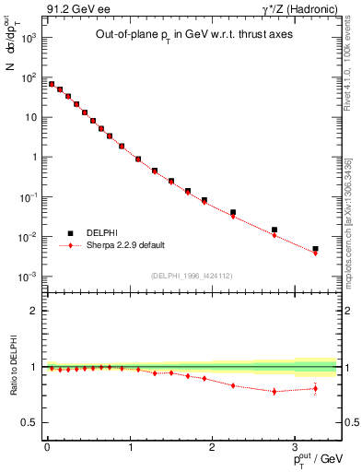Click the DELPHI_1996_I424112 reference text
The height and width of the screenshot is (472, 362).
pyautogui.click(x=191, y=274)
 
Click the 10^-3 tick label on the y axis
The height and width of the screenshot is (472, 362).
pyautogui.click(x=28, y=277)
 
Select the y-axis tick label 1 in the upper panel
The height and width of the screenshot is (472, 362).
pyautogui.click(x=33, y=157)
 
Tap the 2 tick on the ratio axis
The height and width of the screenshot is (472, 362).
pyautogui.click(x=34, y=311)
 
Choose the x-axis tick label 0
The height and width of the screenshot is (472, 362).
pyautogui.click(x=47, y=447)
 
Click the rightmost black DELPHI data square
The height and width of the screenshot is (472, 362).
pyautogui.click(x=315, y=249)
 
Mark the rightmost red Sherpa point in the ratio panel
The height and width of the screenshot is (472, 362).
pyautogui.click(x=315, y=388)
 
